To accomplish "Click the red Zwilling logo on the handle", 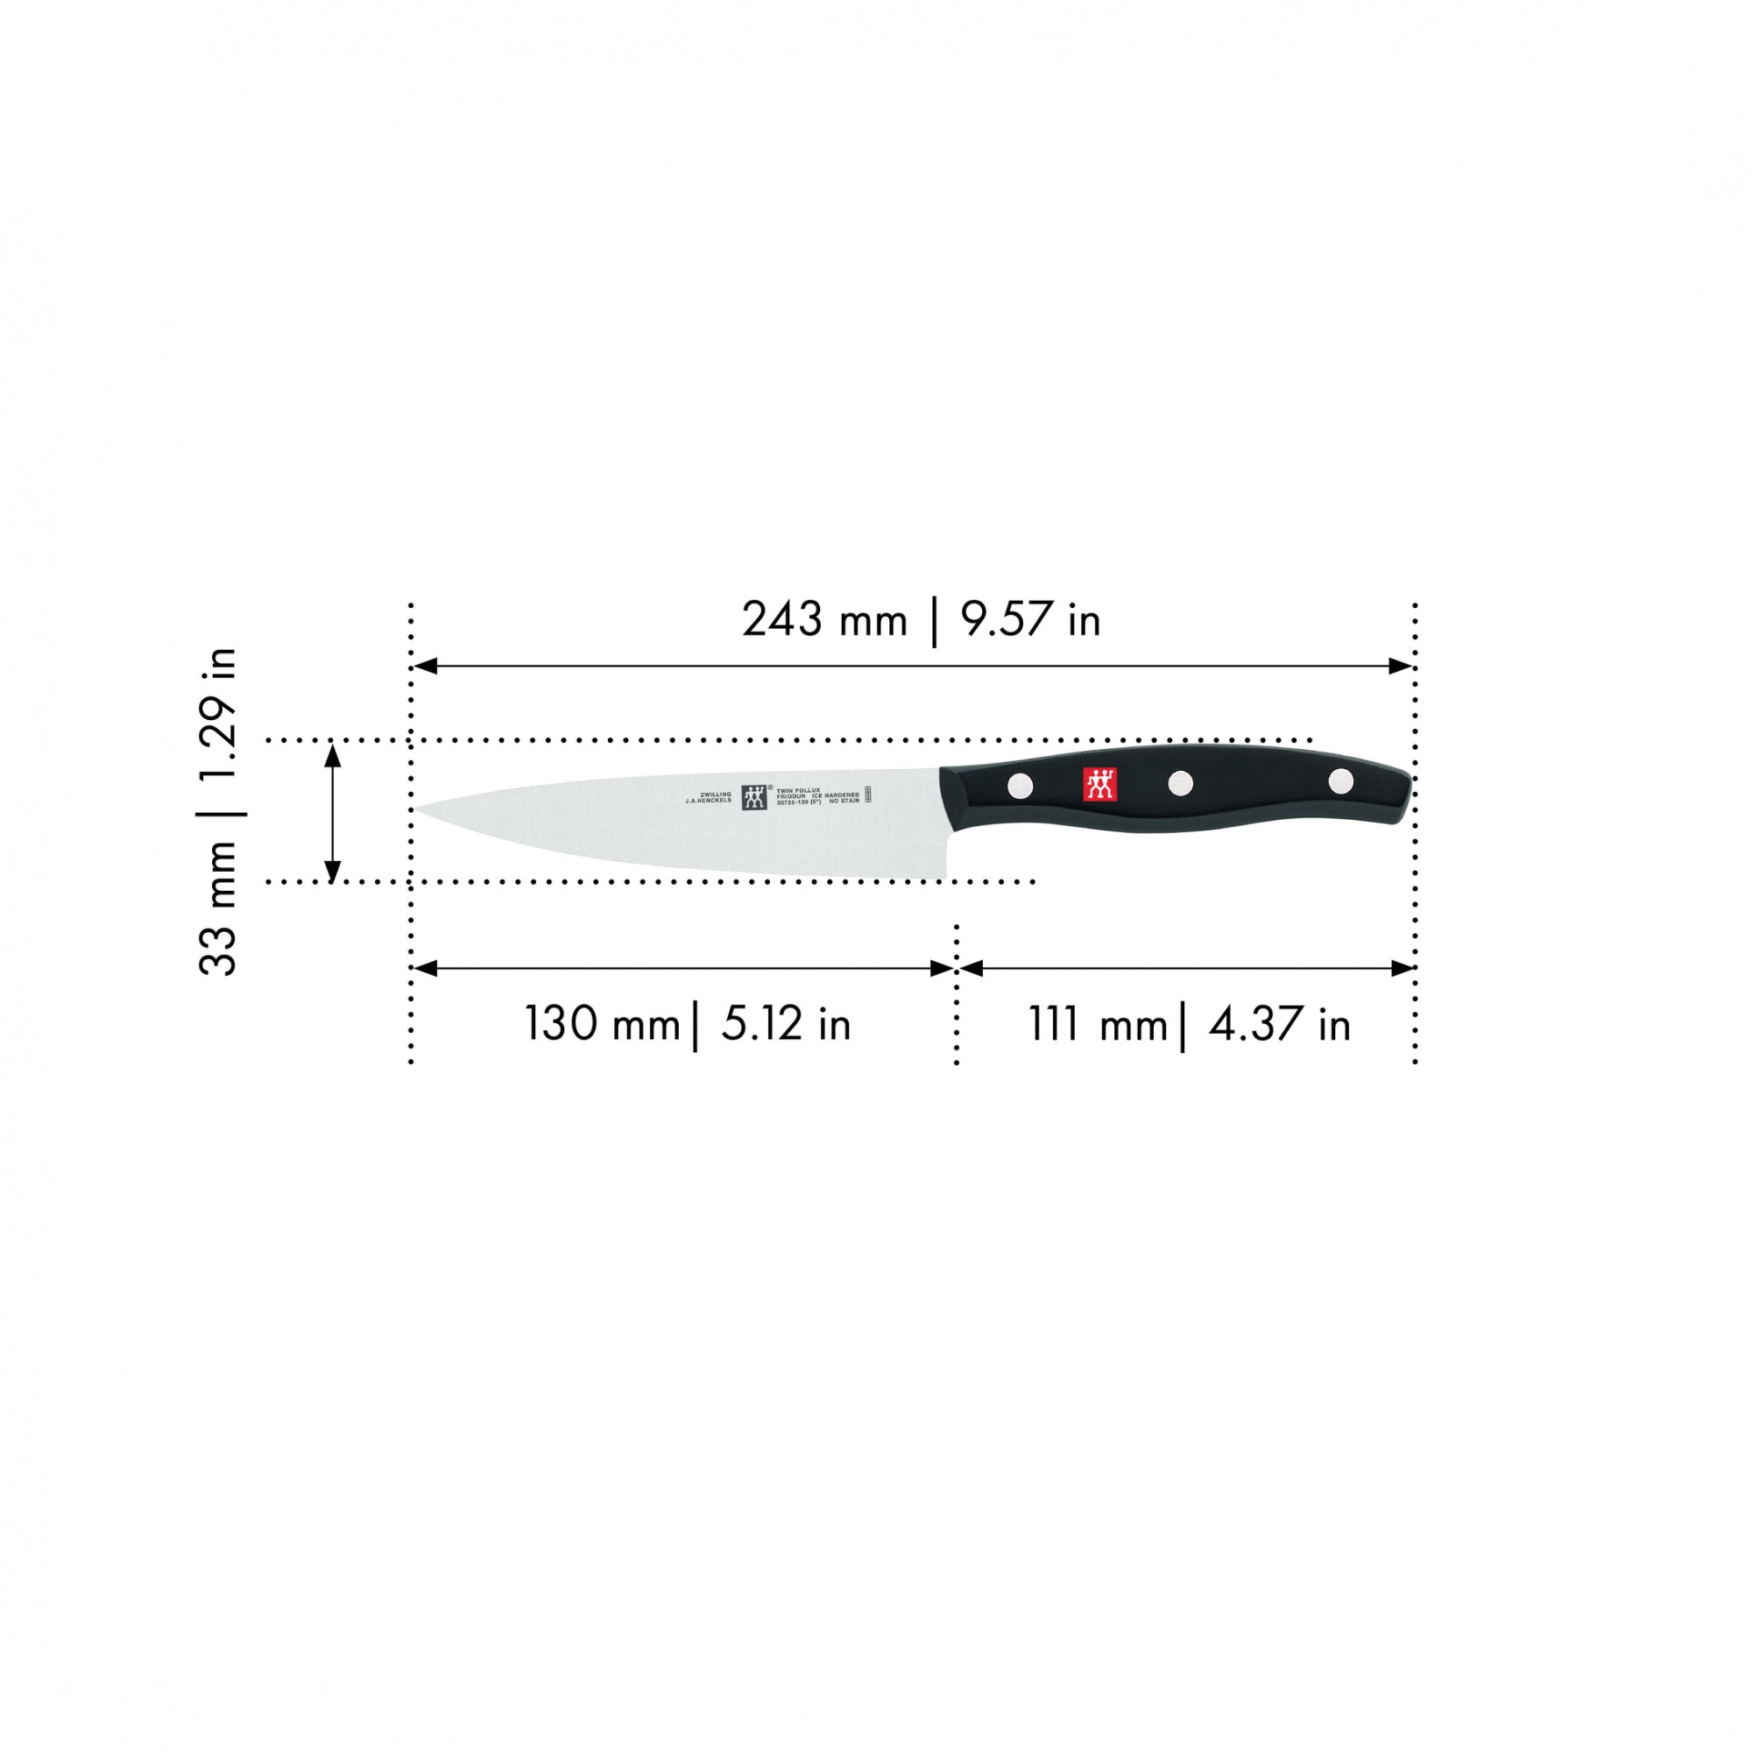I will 1100,784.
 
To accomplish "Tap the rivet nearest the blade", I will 1020,785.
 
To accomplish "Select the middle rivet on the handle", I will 1180,782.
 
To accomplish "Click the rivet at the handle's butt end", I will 1340,781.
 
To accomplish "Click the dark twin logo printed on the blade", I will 754,797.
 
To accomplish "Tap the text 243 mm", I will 824,621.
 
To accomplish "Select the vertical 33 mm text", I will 218,909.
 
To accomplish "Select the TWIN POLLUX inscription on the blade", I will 798,790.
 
